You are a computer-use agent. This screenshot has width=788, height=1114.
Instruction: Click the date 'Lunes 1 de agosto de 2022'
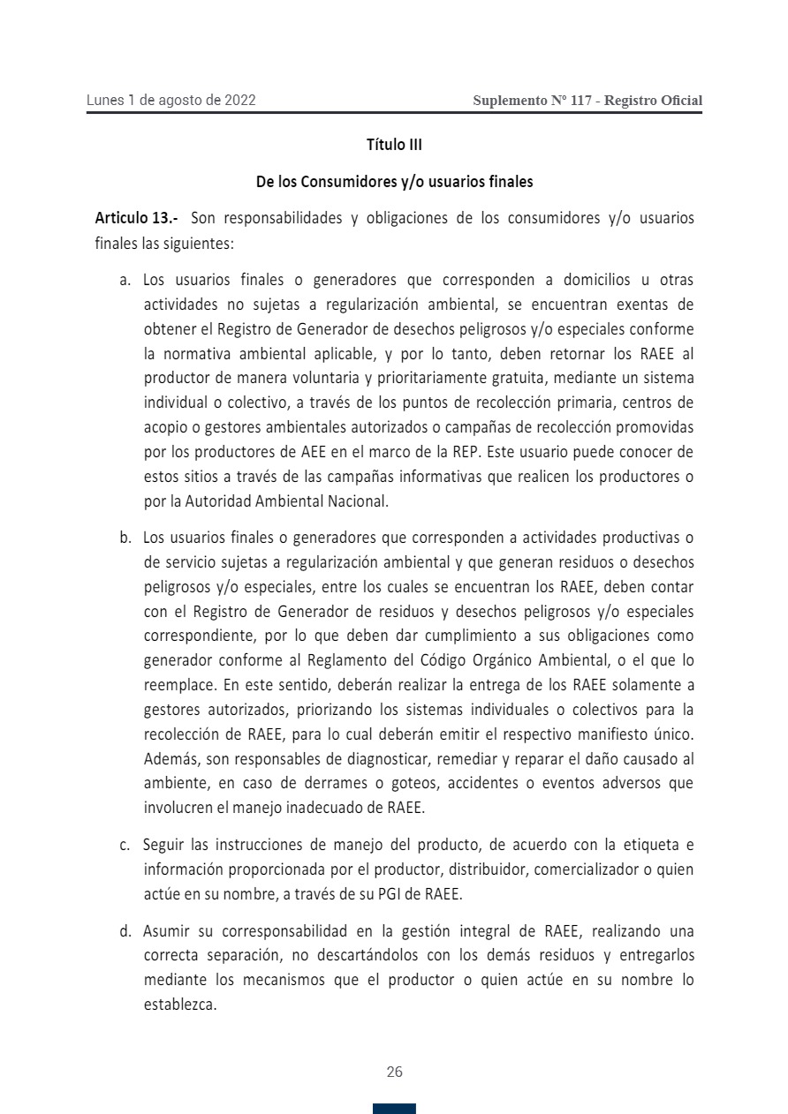(171, 101)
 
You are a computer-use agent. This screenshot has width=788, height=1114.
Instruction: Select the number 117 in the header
(581, 101)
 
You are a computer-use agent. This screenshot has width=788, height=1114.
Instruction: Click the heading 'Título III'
(394, 145)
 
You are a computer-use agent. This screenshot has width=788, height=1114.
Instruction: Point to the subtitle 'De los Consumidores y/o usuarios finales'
(394, 182)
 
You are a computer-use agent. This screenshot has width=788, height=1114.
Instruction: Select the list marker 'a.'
(125, 281)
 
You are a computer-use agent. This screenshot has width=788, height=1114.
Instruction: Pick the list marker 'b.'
(125, 538)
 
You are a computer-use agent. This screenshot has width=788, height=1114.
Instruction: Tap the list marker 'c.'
(125, 845)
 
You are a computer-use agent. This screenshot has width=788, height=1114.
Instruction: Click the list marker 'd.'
(125, 930)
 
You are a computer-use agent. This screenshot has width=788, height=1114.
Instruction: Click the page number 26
(394, 1072)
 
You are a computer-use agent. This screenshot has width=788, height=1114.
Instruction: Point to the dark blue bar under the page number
(394, 1109)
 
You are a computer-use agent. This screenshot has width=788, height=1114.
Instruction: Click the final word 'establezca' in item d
(179, 1005)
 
